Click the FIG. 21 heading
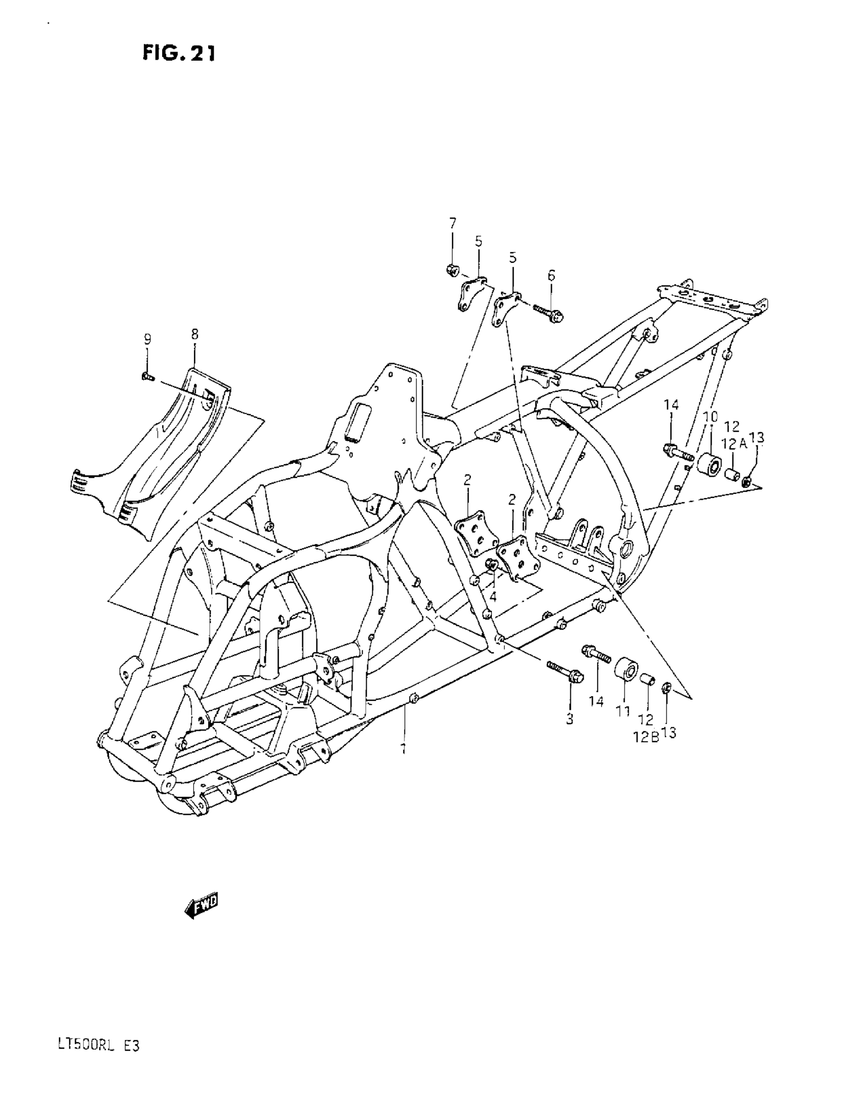[179, 53]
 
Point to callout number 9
[147, 338]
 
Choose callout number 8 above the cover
[194, 334]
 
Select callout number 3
[569, 718]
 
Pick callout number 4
[493, 596]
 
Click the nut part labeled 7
[452, 269]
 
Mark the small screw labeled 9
[147, 377]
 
